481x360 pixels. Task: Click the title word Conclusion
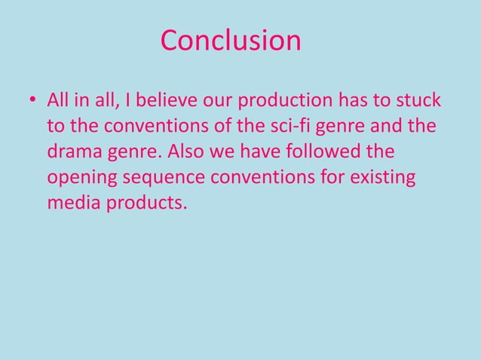click(231, 41)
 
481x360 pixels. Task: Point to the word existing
click(383, 179)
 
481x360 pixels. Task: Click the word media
click(74, 205)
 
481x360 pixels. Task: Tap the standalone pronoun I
click(118, 101)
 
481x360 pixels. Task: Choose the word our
click(214, 102)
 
